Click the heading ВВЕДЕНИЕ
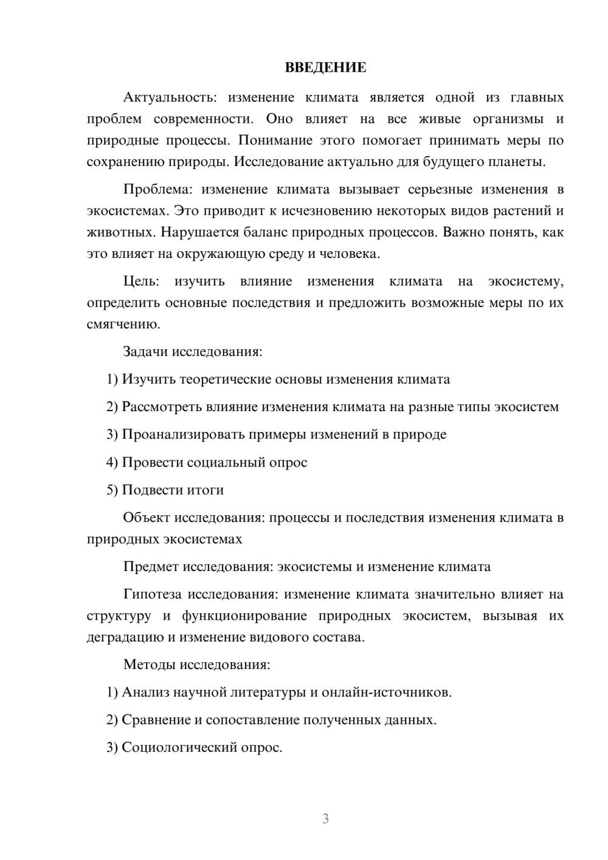pyautogui.click(x=325, y=68)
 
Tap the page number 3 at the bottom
pyautogui.click(x=325, y=819)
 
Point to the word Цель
pyautogui.click(x=140, y=281)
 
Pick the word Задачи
pyautogui.click(x=145, y=352)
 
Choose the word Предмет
pyautogui.click(x=150, y=567)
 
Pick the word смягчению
pyautogui.click(x=123, y=324)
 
